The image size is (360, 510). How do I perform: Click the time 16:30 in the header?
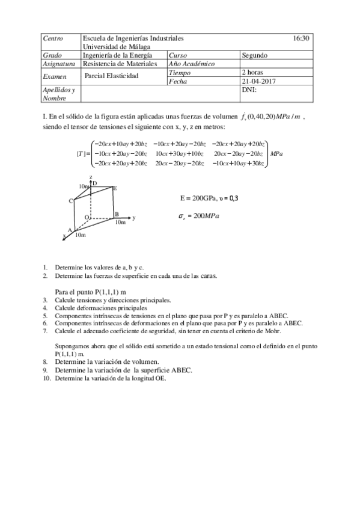[301, 38]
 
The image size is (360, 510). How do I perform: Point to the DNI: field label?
[249, 89]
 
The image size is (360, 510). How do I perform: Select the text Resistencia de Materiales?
[120, 63]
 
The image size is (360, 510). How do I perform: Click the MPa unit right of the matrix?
[276, 154]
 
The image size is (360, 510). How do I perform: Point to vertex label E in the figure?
[115, 188]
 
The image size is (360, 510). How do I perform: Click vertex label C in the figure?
[70, 201]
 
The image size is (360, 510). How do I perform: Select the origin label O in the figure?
[87, 217]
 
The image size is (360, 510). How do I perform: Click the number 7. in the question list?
[46, 330]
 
